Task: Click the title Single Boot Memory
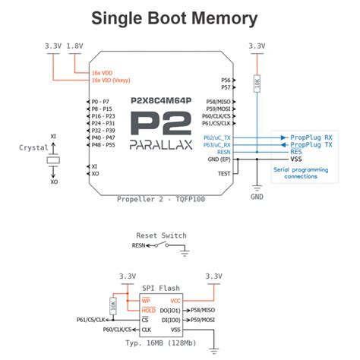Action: [179, 17]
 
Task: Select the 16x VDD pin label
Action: [104, 72]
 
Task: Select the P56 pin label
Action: [226, 80]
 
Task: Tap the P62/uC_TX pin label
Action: [218, 137]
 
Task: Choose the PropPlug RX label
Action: [311, 137]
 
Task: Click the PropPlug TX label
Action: [311, 144]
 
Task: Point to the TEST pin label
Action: [223, 173]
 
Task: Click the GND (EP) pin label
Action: [219, 159]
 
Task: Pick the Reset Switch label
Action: [160, 235]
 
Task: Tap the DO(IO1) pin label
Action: [169, 311]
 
